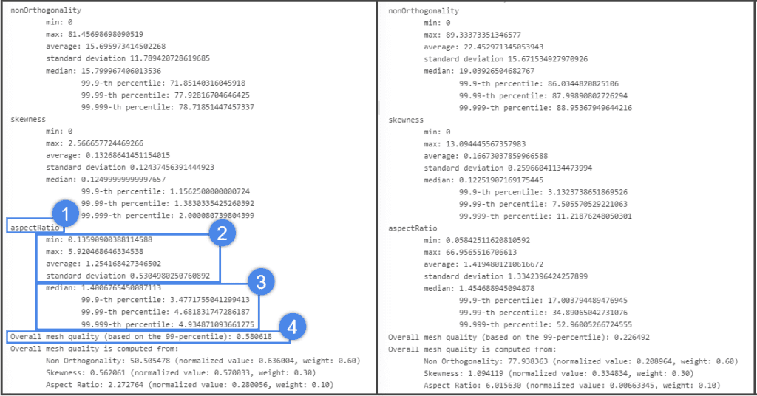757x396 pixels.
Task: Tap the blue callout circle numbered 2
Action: (221, 234)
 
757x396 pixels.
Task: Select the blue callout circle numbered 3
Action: (260, 281)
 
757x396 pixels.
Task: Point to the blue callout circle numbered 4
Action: (293, 325)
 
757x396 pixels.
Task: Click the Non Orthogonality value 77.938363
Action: (520, 361)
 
